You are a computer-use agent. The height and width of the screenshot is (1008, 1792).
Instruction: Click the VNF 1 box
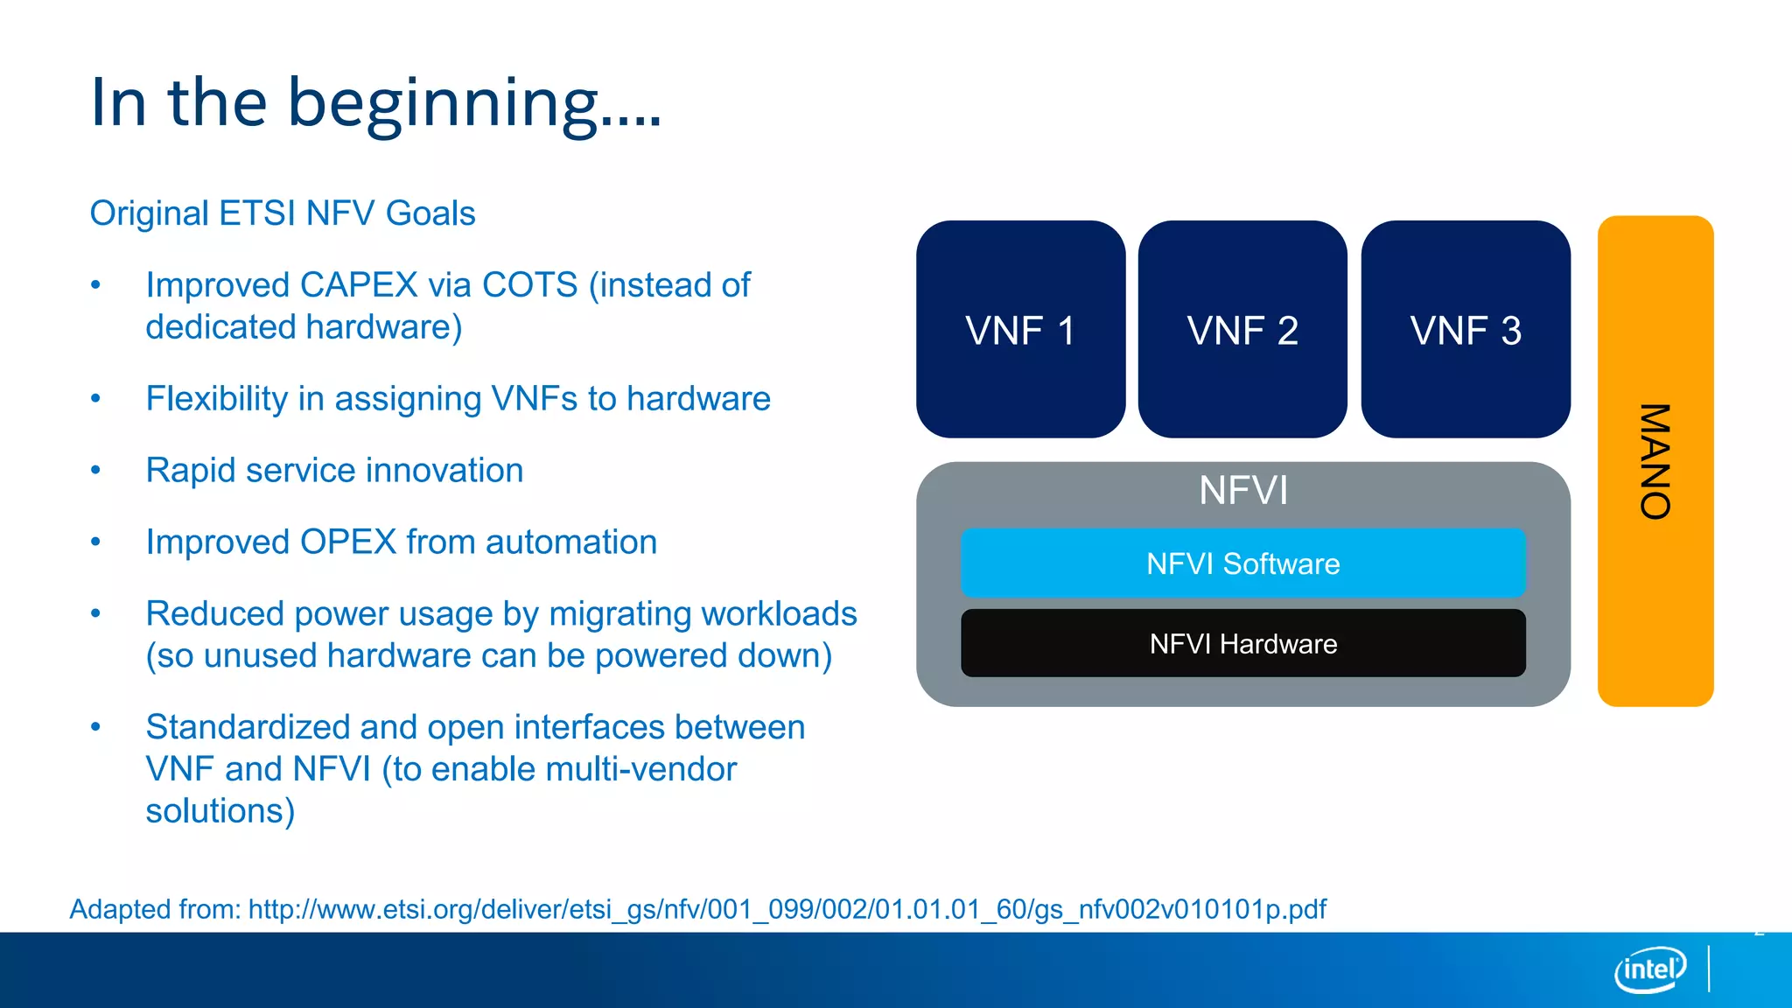click(x=1020, y=329)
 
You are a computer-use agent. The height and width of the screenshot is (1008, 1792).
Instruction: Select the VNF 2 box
click(x=1242, y=329)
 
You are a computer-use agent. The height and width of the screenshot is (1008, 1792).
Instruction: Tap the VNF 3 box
click(x=1466, y=329)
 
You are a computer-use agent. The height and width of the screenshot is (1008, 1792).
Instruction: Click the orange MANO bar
click(x=1655, y=461)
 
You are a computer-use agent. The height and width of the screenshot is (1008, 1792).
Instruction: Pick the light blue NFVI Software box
click(x=1242, y=563)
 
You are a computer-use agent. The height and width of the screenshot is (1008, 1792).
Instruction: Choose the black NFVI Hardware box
click(x=1242, y=644)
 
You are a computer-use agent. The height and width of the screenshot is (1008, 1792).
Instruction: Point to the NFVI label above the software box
click(x=1242, y=491)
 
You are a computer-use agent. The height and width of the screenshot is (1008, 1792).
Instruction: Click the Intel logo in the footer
click(x=1649, y=969)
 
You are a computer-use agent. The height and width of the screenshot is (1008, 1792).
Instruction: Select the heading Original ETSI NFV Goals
click(x=283, y=213)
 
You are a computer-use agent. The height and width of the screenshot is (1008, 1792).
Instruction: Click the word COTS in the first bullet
click(x=529, y=285)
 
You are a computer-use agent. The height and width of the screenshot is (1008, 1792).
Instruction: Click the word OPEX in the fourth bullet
click(x=348, y=542)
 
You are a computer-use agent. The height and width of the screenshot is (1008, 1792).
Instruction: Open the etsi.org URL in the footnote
click(x=787, y=909)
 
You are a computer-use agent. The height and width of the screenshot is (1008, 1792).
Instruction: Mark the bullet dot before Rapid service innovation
click(x=96, y=471)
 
